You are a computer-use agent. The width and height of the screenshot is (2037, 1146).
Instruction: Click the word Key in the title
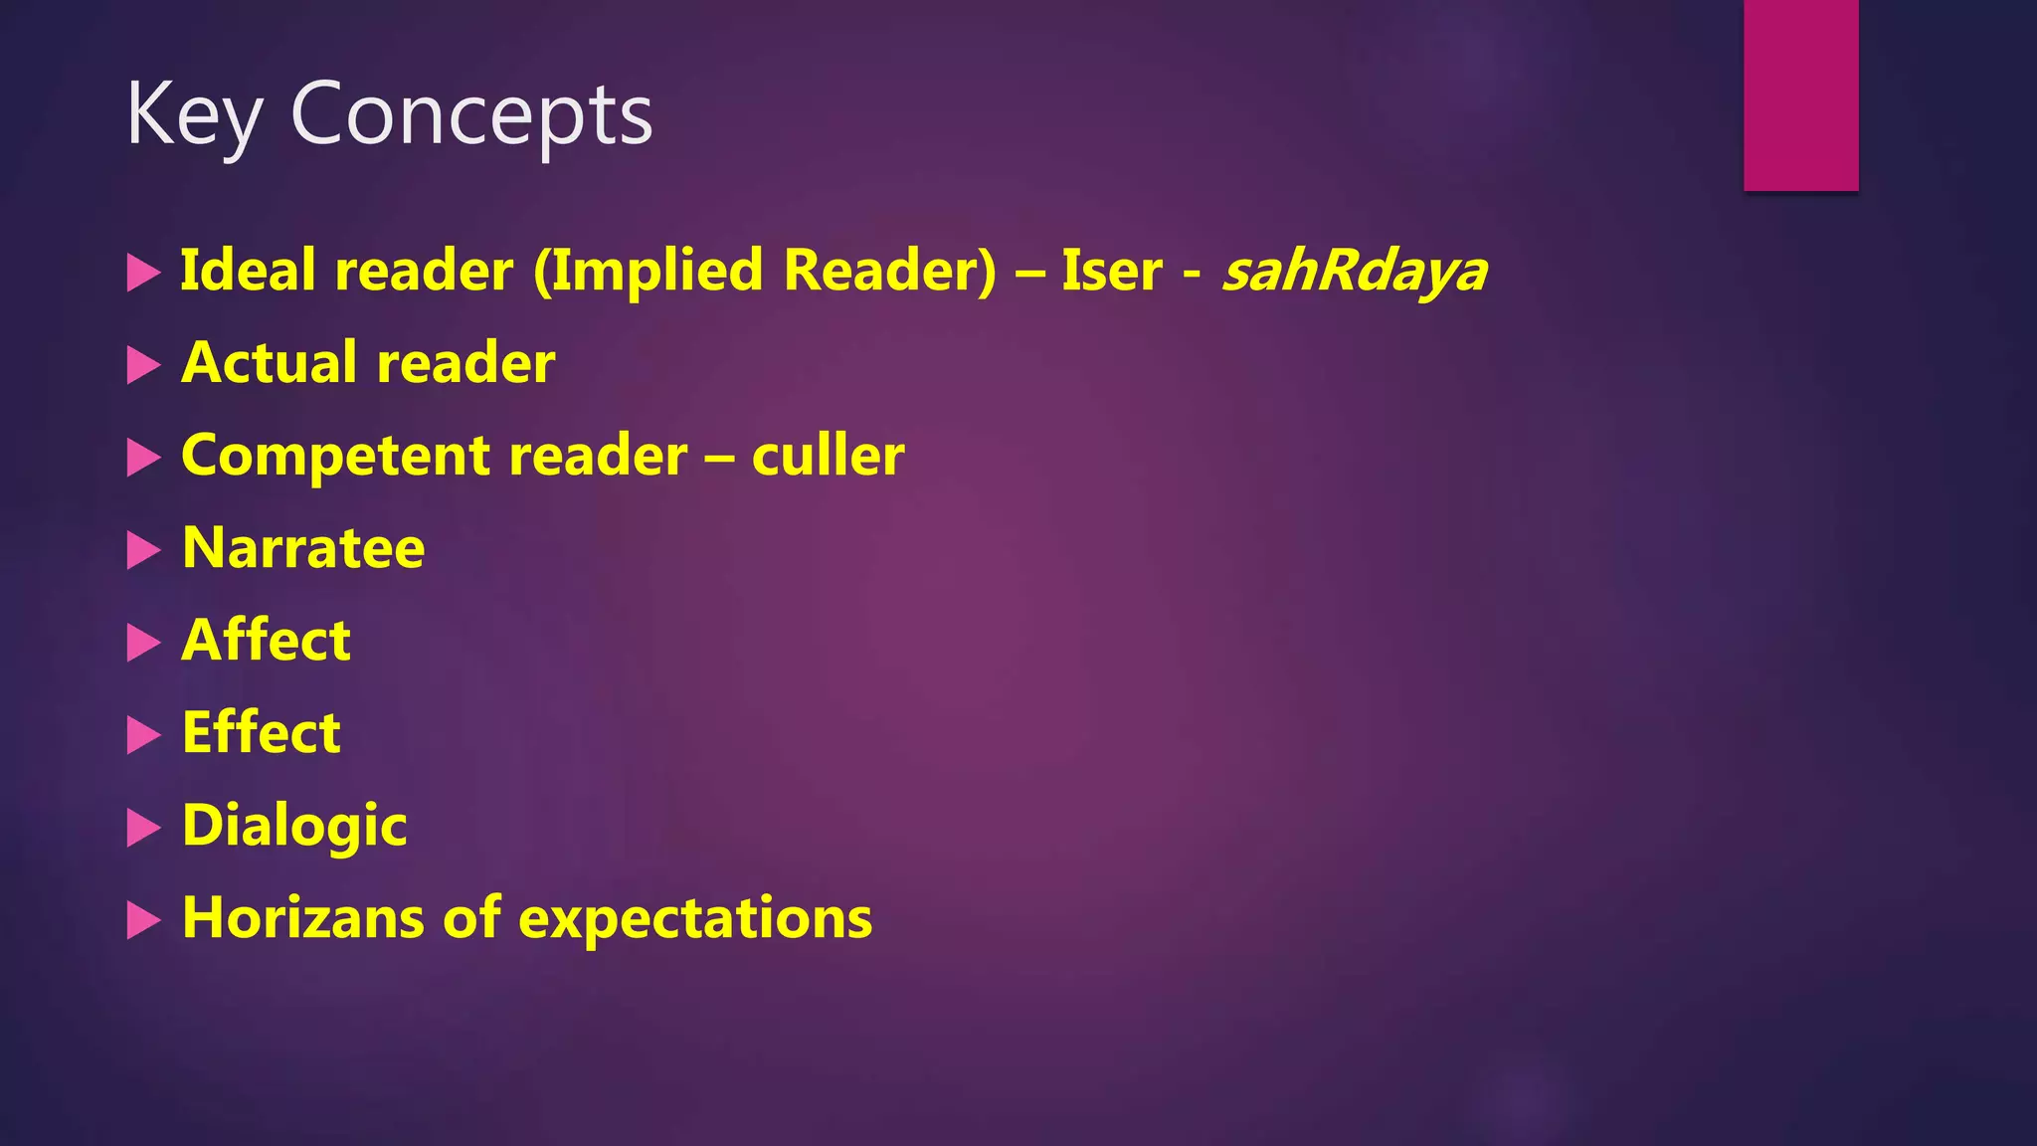(193, 115)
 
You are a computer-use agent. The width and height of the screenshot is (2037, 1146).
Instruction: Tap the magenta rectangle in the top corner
(1800, 95)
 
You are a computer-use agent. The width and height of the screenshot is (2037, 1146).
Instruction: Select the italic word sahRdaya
(1355, 271)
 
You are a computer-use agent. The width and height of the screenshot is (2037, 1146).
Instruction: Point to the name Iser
(1111, 271)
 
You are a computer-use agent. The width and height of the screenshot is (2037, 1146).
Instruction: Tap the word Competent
(335, 456)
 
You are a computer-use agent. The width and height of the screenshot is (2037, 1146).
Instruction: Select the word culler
(828, 456)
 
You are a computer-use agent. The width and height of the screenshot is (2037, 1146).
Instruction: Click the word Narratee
(303, 548)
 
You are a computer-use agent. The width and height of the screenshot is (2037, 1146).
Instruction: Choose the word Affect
(266, 640)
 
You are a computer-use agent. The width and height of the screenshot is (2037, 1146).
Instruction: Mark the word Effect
(262, 733)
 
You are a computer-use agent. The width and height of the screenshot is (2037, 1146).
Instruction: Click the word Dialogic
(294, 826)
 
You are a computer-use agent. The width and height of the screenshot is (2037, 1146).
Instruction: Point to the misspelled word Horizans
(304, 918)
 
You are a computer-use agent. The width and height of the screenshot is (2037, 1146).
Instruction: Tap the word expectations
(695, 918)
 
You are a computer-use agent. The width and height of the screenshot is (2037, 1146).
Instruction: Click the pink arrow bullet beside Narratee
(143, 550)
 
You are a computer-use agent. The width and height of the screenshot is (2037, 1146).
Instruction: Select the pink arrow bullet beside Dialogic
(143, 828)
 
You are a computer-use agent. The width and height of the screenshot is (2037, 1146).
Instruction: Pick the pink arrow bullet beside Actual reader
(143, 365)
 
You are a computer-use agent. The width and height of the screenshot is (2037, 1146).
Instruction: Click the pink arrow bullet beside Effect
(143, 735)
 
